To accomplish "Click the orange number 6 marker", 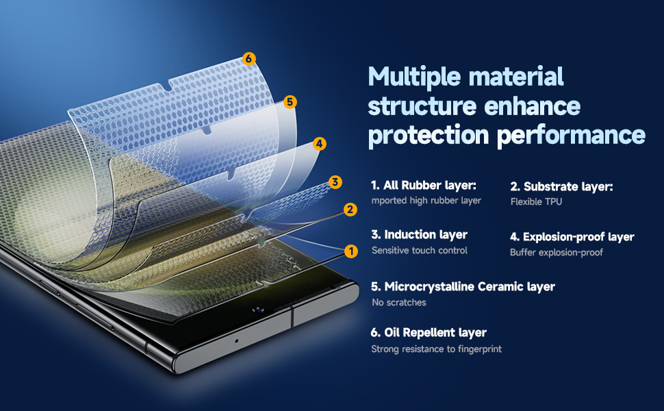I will point(249,59).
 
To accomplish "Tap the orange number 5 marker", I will point(290,102).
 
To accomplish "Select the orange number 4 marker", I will point(319,144).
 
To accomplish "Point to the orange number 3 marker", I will point(335,182).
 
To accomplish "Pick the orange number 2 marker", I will point(350,210).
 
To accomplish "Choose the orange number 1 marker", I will point(351,251).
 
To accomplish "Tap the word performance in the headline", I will point(572,135).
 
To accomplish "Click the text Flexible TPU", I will point(536,202).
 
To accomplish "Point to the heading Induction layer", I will point(419,235).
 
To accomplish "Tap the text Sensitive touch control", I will point(419,251).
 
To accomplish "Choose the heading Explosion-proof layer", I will point(572,237).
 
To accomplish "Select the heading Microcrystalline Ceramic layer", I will point(463,286).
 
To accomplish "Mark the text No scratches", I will point(398,302).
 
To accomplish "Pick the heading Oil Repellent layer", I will point(429,333).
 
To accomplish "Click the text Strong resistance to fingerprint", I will point(436,349).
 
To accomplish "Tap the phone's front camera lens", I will point(258,310).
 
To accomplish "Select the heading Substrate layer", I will point(561,186).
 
